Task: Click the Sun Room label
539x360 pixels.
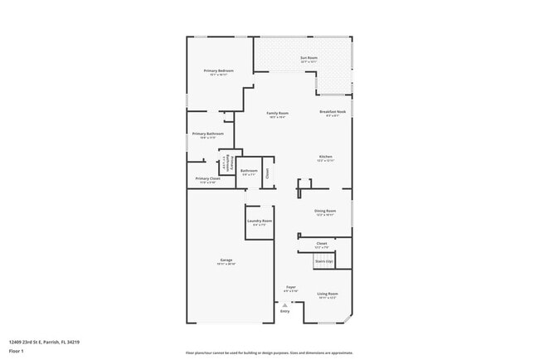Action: point(308,58)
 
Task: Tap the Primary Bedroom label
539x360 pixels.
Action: point(219,71)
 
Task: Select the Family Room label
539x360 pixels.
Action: point(277,113)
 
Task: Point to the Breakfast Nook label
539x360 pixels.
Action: point(333,112)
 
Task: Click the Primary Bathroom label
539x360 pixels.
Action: point(208,134)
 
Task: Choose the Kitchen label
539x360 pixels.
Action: point(326,157)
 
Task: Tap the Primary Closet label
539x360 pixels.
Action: point(207,178)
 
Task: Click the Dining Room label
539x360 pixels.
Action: point(325,212)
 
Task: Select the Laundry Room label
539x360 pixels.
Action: point(260,221)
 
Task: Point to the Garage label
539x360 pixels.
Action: point(226,260)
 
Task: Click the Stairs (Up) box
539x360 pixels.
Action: point(323,262)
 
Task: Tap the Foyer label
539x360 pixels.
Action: point(291,287)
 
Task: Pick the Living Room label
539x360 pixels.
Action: point(328,294)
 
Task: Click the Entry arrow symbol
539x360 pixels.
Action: point(284,305)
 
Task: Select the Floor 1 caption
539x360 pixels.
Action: point(16,350)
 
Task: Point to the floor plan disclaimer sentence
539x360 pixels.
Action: point(268,352)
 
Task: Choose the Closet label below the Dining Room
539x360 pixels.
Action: point(322,244)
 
